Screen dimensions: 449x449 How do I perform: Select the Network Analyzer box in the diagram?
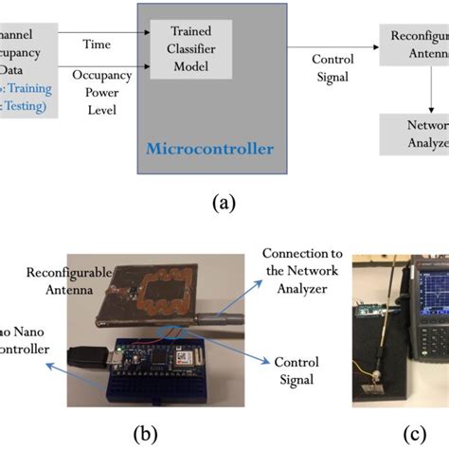point(414,135)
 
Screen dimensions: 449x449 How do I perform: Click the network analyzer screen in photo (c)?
point(426,294)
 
